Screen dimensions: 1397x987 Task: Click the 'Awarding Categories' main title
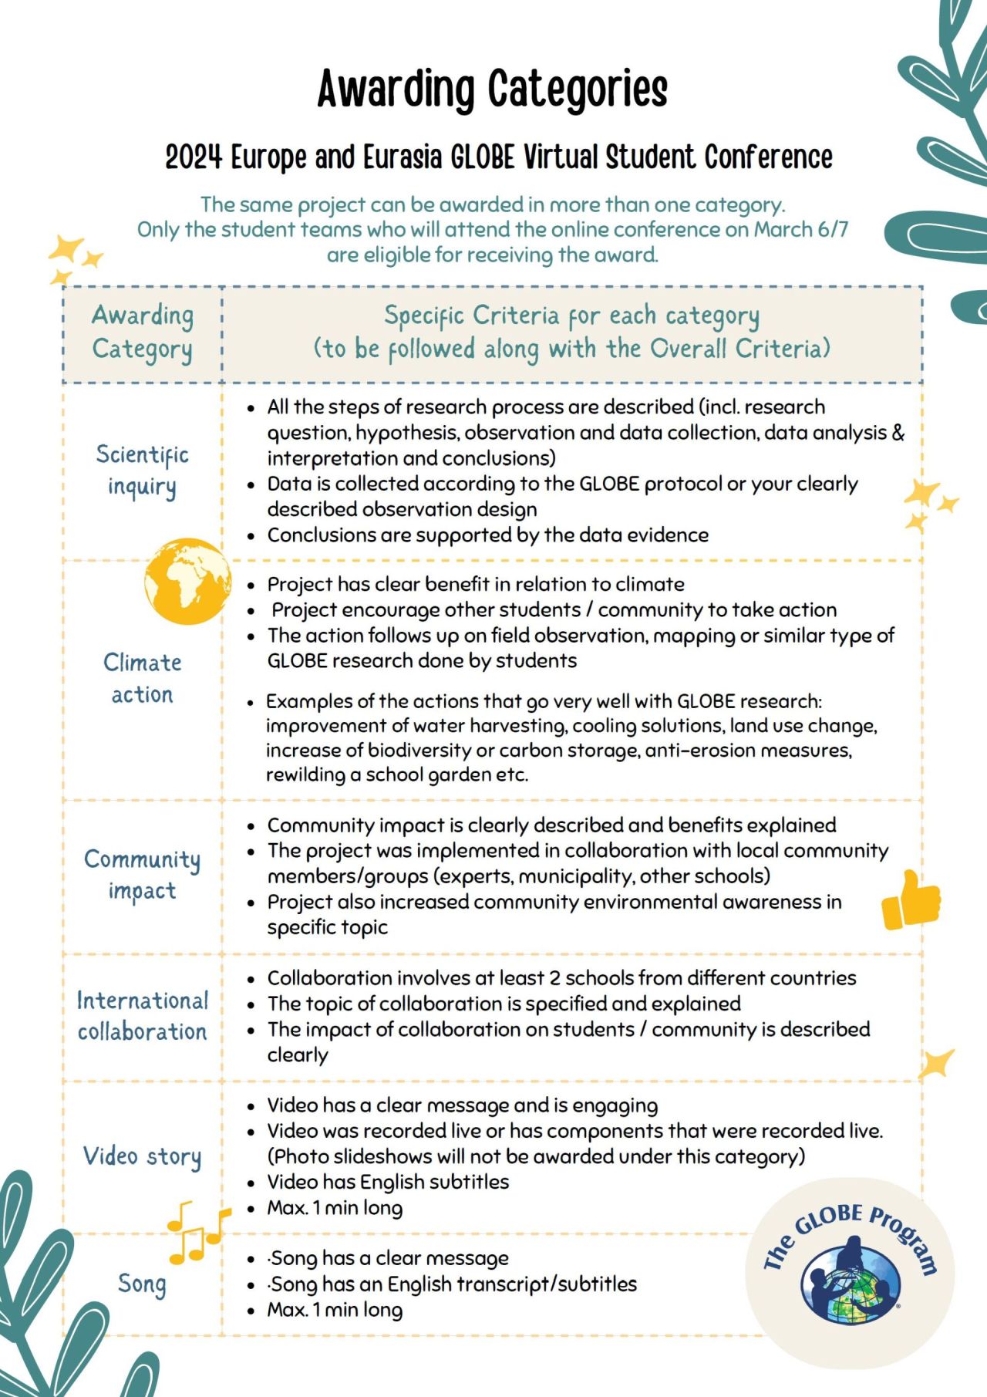pyautogui.click(x=492, y=89)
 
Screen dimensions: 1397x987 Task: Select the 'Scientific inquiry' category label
pyautogui.click(x=142, y=470)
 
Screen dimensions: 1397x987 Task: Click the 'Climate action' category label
pyautogui.click(x=143, y=678)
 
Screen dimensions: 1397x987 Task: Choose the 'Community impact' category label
pyautogui.click(x=143, y=874)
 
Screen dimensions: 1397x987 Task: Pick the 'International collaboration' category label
pyautogui.click(x=143, y=1015)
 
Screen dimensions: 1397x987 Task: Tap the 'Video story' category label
pyautogui.click(x=143, y=1156)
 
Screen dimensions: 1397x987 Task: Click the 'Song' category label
pyautogui.click(x=142, y=1284)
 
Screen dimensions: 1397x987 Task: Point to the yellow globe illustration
pyautogui.click(x=187, y=581)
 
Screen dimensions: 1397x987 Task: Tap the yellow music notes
pyautogui.click(x=197, y=1232)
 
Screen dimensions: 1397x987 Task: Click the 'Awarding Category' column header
pyautogui.click(x=143, y=332)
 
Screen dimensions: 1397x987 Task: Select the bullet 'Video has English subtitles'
pyautogui.click(x=388, y=1182)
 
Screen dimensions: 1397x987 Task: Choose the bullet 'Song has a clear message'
pyautogui.click(x=389, y=1258)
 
